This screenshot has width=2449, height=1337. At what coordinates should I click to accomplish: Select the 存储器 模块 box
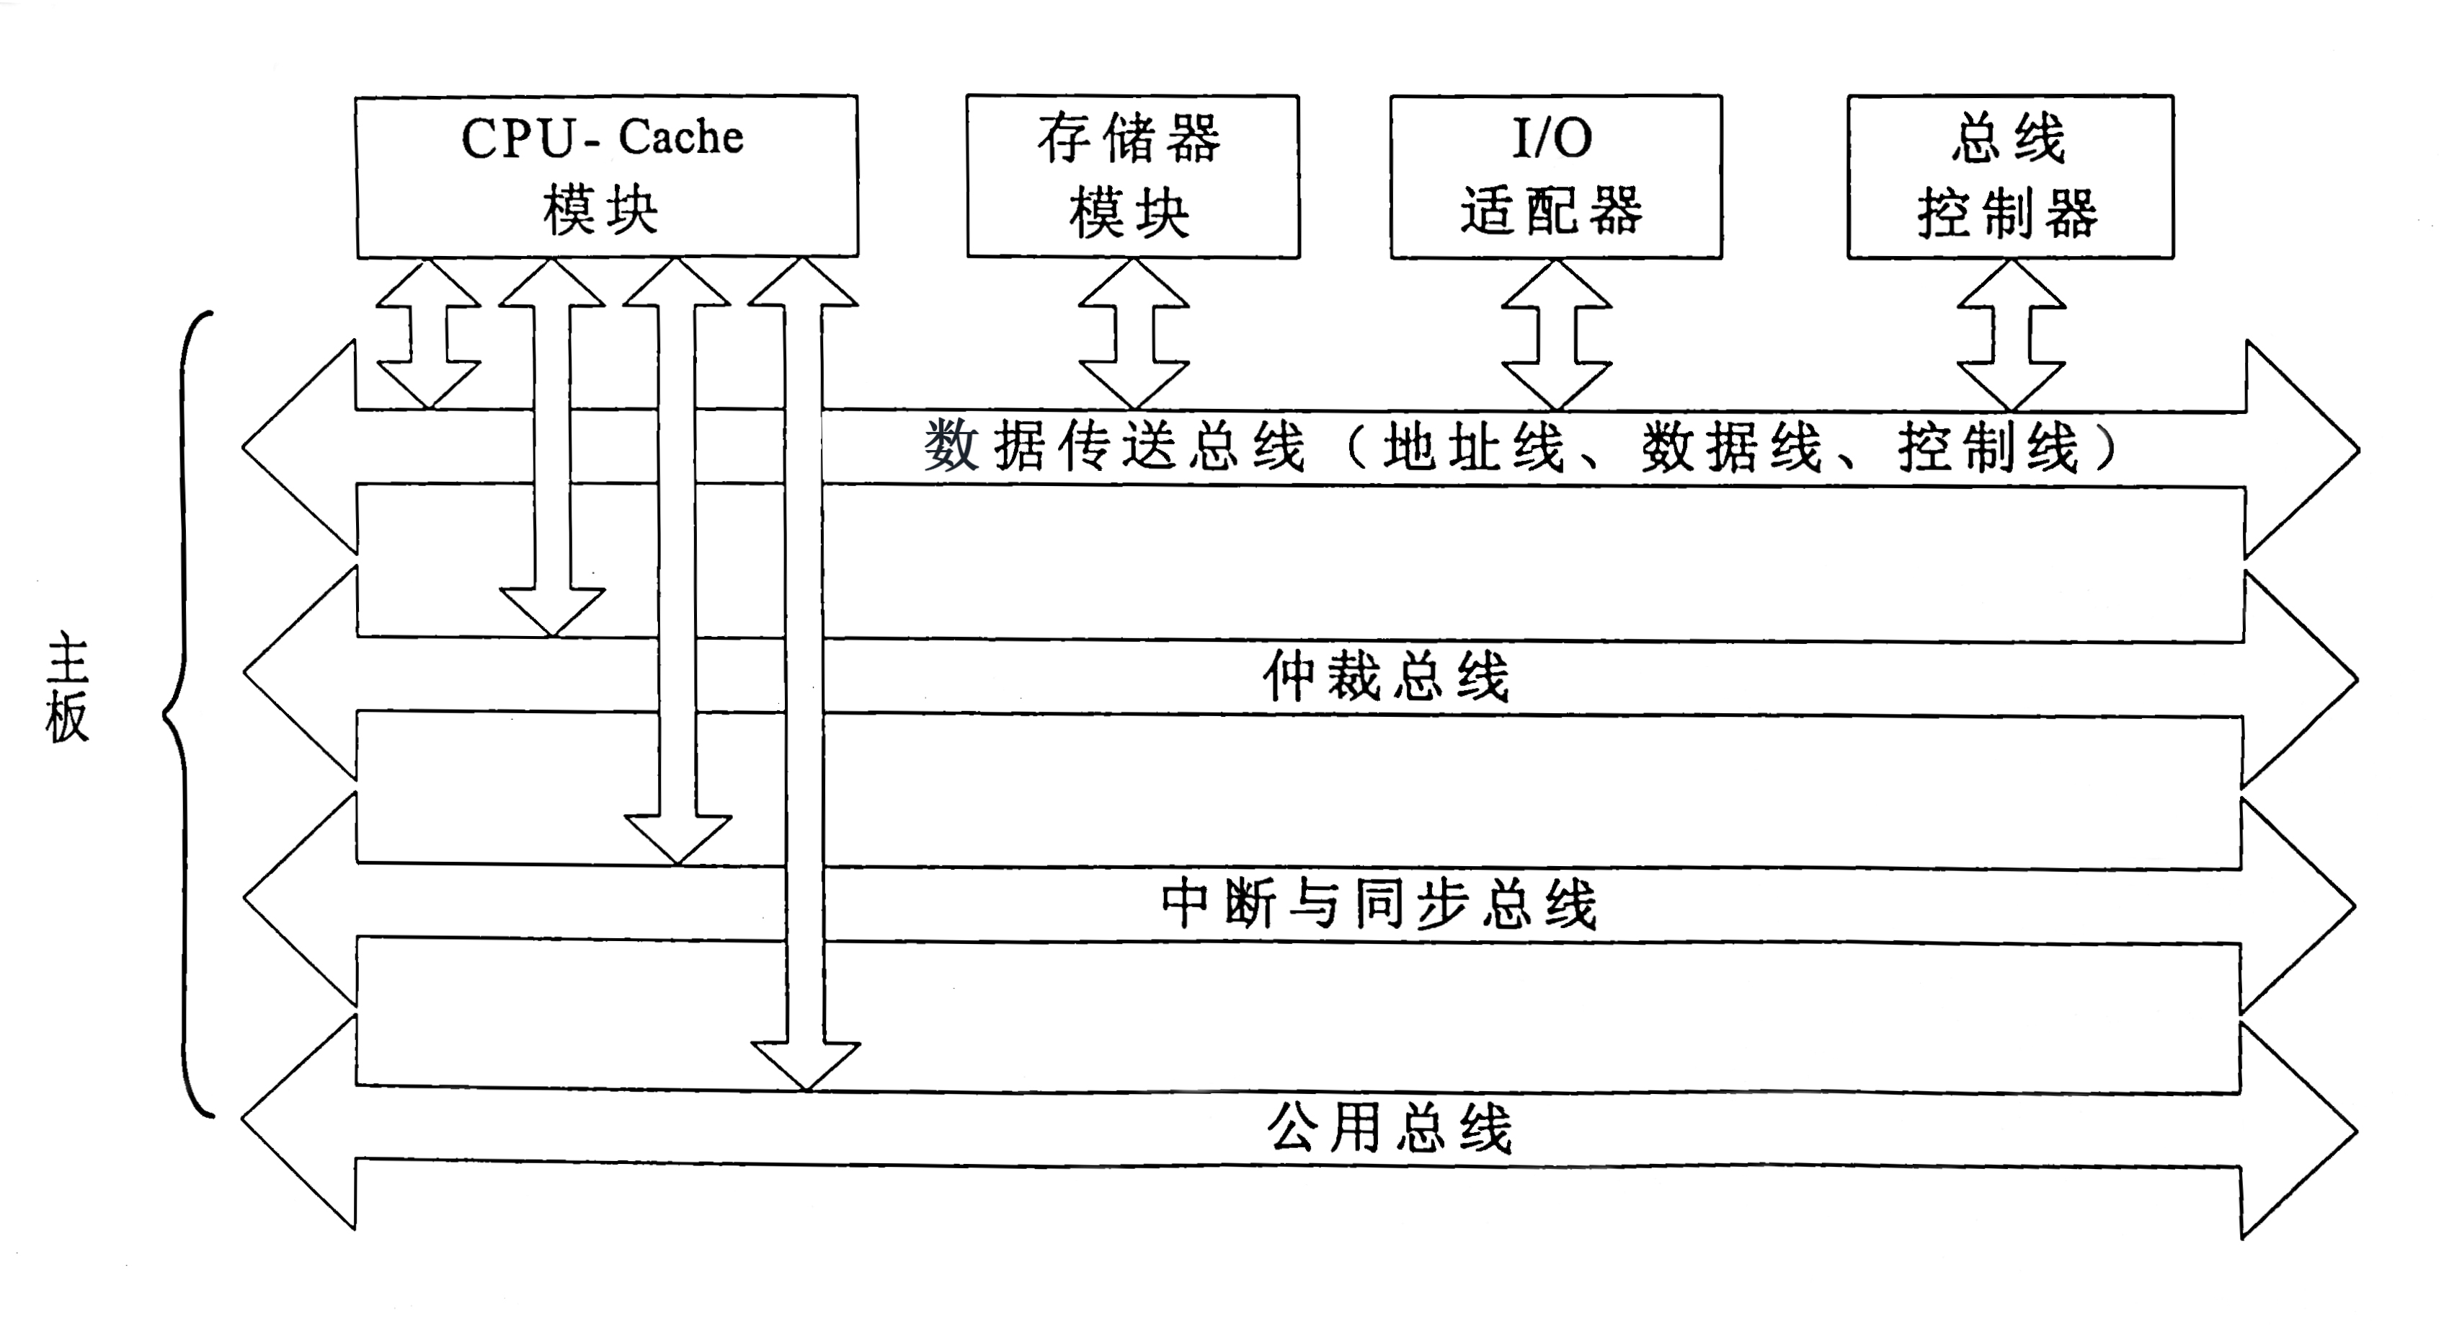tap(1132, 176)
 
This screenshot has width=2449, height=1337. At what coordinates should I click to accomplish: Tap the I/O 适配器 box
tap(1555, 176)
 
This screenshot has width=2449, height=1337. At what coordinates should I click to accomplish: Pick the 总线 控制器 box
tap(2010, 176)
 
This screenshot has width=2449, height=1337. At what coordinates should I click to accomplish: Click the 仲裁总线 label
tap(1385, 677)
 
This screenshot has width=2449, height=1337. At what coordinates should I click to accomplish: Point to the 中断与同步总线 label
tap(1379, 904)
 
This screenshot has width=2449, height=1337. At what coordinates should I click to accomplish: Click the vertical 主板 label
tap(66, 689)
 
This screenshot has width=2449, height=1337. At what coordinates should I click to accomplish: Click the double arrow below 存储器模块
tap(1133, 333)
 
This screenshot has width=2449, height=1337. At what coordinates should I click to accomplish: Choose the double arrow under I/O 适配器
tap(1556, 333)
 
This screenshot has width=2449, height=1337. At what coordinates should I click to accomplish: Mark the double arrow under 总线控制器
tap(2012, 333)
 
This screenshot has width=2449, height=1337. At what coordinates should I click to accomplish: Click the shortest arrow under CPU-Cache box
tap(429, 333)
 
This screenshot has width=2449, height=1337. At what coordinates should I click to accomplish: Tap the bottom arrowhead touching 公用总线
tap(805, 1065)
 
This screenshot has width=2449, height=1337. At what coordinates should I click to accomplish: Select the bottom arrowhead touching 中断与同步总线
tap(678, 839)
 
